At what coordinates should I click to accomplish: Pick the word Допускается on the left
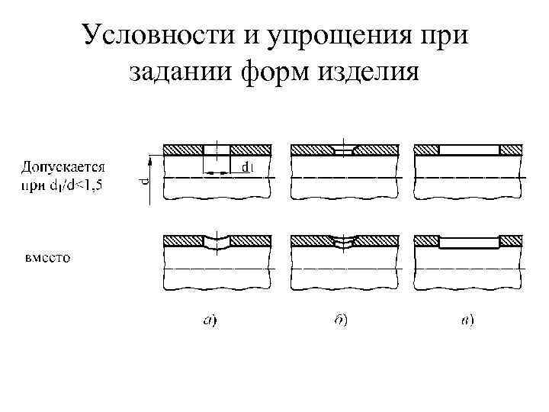pyautogui.click(x=63, y=166)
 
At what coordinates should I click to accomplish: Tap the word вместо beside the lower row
pyautogui.click(x=45, y=257)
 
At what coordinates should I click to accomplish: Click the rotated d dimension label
pyautogui.click(x=145, y=182)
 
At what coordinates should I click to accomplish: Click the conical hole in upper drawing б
pyautogui.click(x=345, y=150)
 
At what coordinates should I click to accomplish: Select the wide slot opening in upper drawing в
pyautogui.click(x=470, y=150)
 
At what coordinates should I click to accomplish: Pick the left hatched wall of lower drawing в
pyautogui.click(x=426, y=240)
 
